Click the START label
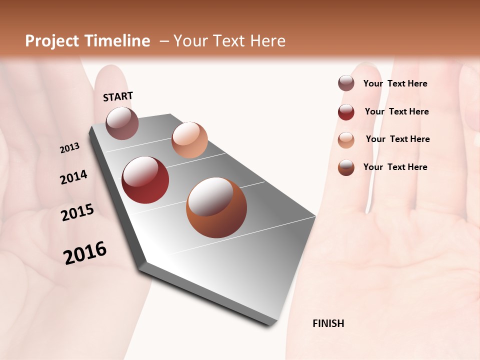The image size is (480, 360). [x=118, y=96]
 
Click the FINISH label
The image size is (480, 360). [x=328, y=323]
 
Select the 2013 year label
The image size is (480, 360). [x=70, y=148]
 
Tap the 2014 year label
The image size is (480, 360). [x=74, y=177]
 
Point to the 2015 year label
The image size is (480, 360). [x=77, y=212]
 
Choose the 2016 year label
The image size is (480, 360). [x=85, y=252]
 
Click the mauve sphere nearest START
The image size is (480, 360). [x=122, y=123]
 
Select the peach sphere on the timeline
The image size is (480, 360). [x=189, y=139]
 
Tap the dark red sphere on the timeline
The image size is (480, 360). [x=145, y=180]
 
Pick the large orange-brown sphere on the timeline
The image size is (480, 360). [x=216, y=207]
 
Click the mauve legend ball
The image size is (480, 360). [x=346, y=83]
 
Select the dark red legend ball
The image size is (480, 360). [x=346, y=112]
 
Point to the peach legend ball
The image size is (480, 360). [x=346, y=139]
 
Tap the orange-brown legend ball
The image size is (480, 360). [x=346, y=167]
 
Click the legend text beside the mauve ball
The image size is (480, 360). [x=395, y=83]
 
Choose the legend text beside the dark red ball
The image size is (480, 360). [x=396, y=111]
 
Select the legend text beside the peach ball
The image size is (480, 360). [x=397, y=139]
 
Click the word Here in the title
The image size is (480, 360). [x=267, y=41]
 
